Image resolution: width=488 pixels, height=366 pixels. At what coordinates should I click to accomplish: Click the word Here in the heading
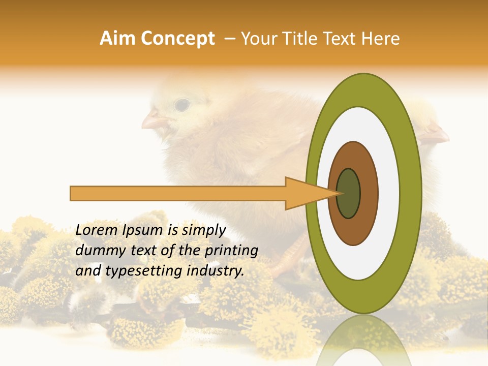coord(380,39)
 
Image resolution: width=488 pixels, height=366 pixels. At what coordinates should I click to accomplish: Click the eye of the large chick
coord(181,105)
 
